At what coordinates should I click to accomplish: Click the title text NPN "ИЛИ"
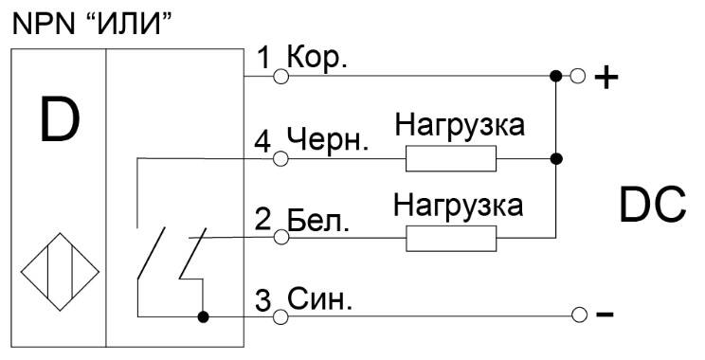tap(93, 26)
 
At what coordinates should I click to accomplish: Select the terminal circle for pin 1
tap(281, 76)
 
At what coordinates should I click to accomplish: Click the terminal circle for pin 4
tap(281, 158)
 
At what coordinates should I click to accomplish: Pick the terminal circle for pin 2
tap(281, 237)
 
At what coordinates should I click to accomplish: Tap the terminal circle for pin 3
tap(281, 316)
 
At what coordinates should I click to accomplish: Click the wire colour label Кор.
tap(317, 58)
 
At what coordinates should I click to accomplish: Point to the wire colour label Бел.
tap(318, 220)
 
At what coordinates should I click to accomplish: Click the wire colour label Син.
tap(319, 299)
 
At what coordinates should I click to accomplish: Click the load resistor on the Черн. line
tap(451, 158)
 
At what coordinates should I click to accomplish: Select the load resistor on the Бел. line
tap(451, 238)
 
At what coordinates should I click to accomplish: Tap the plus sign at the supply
tap(606, 79)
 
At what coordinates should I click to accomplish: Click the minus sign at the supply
tap(605, 315)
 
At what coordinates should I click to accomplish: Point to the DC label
tap(652, 206)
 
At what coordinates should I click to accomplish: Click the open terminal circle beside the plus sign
tap(578, 76)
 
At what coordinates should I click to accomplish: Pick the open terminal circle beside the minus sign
tap(580, 315)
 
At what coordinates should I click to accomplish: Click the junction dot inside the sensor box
tap(203, 316)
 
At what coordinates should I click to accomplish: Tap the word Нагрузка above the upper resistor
tap(460, 125)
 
